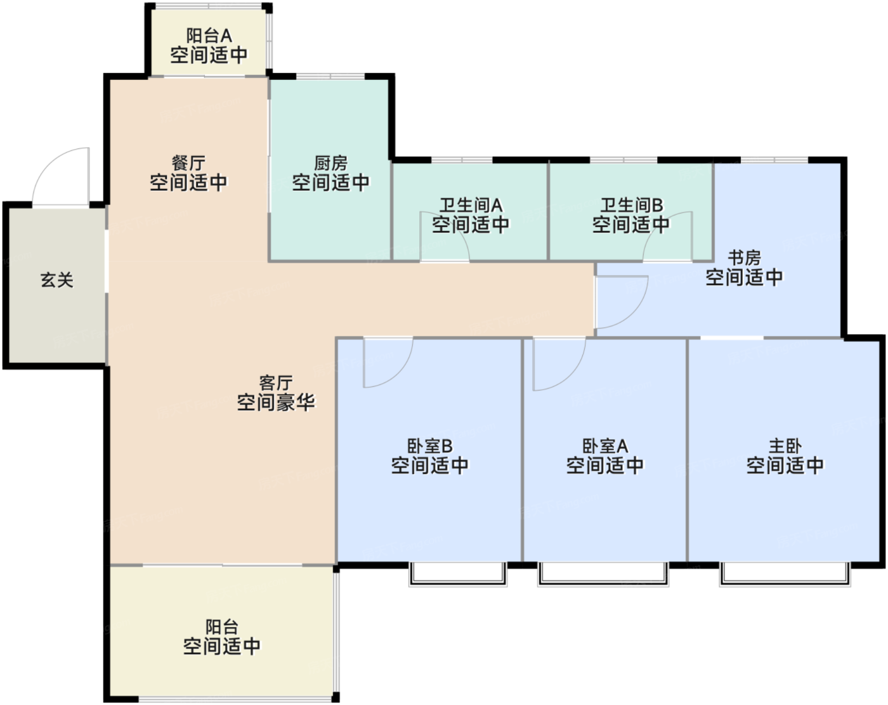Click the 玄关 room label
pos(57,280)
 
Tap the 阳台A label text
pos(209,36)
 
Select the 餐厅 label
pos(188,163)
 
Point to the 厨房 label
pos(330,163)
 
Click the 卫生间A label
pos(471,205)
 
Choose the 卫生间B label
pos(631,205)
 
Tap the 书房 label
pos(744,257)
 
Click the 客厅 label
pos(276,382)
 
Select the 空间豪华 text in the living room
pos(276,402)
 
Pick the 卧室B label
pos(429,446)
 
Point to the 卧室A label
pos(605,446)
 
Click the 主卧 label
pos(785,446)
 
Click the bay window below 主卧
pos(784,574)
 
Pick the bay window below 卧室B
pos(457,574)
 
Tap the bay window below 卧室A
pos(603,574)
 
